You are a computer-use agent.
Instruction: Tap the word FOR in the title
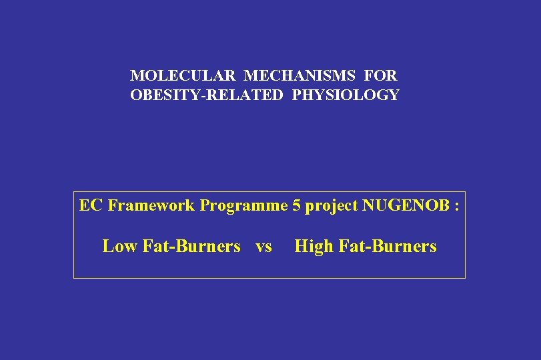(x=382, y=76)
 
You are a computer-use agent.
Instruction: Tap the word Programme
(x=243, y=206)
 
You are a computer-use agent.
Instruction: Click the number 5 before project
(x=296, y=205)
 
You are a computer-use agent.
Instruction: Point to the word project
(x=331, y=206)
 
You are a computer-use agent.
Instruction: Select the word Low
(x=119, y=247)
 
